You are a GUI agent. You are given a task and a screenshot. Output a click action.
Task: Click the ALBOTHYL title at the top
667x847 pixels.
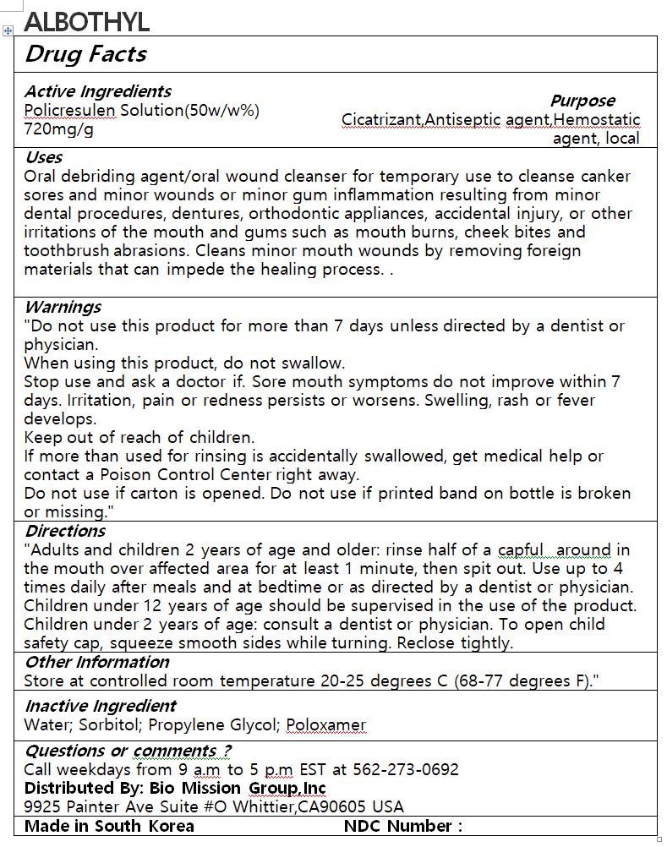click(x=86, y=22)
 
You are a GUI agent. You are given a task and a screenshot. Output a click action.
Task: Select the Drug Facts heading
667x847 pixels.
click(x=85, y=54)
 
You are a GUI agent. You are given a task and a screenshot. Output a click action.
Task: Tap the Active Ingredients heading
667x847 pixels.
click(x=97, y=91)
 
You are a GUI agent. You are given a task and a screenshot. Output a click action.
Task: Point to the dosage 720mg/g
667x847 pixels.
click(x=58, y=129)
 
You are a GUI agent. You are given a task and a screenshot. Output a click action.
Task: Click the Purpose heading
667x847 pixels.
click(x=582, y=101)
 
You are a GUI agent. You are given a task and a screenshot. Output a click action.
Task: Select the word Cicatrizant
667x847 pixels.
click(x=380, y=120)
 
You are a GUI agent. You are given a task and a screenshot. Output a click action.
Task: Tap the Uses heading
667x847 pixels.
click(x=43, y=157)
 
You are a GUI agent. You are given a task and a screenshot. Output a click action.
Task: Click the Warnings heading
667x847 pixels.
click(x=63, y=307)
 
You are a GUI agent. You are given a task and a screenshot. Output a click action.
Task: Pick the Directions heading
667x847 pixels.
click(x=65, y=531)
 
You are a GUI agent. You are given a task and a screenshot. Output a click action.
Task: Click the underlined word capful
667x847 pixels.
click(x=521, y=550)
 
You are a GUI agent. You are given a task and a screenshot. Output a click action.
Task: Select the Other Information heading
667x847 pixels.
click(x=96, y=662)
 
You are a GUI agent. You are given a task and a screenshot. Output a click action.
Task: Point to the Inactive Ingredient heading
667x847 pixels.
click(x=100, y=706)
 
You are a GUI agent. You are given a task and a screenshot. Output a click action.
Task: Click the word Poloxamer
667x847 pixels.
click(x=325, y=724)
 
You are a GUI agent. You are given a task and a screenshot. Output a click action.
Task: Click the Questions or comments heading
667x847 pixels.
click(x=128, y=751)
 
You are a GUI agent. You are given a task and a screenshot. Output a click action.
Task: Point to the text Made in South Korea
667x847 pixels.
click(x=109, y=826)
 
